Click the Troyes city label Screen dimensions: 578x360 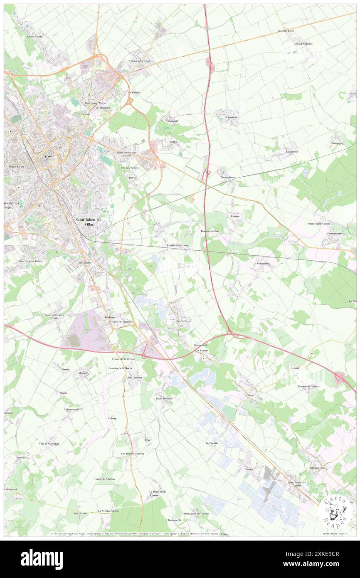coord(48,156)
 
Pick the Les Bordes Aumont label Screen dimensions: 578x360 coord(132,454)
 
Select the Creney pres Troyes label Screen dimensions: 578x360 coord(140,61)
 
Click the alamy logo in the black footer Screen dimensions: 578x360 coord(42,559)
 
